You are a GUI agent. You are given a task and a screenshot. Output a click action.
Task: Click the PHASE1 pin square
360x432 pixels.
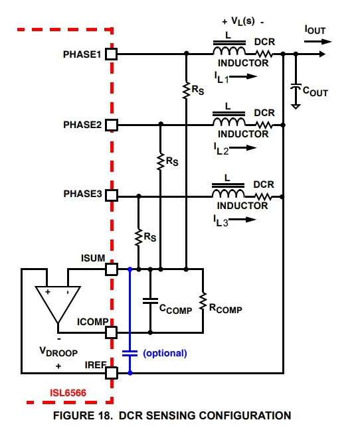(112, 54)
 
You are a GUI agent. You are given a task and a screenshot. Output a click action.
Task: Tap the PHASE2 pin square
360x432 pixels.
(112, 125)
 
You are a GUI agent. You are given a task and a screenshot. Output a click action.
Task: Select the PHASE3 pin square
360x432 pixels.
(112, 195)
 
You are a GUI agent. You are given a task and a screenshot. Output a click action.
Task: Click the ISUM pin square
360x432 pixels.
(112, 269)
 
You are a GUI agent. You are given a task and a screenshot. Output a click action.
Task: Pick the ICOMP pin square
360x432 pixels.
(112, 332)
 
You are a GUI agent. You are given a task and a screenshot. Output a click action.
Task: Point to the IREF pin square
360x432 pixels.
(112, 373)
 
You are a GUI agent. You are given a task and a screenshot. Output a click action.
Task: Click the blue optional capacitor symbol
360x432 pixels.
(130, 354)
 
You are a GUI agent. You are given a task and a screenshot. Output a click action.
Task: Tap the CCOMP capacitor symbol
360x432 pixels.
(150, 301)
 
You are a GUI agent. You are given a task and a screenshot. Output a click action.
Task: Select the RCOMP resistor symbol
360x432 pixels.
(203, 301)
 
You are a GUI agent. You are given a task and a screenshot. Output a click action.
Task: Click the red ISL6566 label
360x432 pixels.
(68, 393)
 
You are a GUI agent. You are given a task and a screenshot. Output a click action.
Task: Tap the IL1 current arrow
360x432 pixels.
(243, 76)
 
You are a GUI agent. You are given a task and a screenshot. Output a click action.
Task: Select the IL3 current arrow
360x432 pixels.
(242, 220)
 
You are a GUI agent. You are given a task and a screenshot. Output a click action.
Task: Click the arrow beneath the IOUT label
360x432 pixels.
(317, 42)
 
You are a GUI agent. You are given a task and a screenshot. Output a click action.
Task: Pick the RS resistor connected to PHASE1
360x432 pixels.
(186, 90)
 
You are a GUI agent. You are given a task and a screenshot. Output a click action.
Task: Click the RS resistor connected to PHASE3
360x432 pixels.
(138, 237)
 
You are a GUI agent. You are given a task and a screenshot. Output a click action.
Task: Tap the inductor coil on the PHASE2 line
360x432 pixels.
(229, 121)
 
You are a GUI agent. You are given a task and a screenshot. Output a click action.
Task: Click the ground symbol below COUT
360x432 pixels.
(296, 106)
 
